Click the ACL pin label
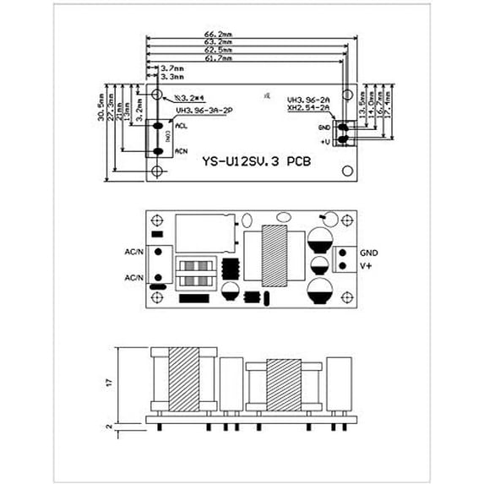pos(181,126)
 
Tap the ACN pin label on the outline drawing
pos(181,150)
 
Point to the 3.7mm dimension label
pos(162,67)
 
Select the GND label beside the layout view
pos(369,252)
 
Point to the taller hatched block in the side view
pos(182,379)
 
